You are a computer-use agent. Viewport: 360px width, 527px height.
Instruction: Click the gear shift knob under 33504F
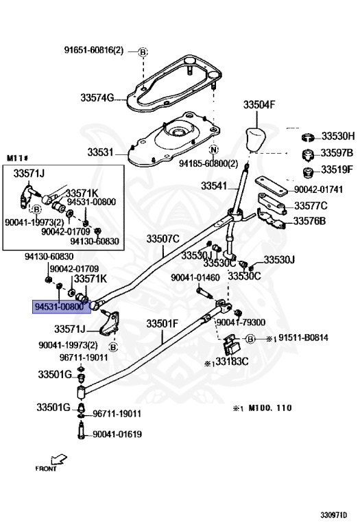point(256,139)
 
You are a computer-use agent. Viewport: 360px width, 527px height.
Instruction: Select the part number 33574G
point(97,98)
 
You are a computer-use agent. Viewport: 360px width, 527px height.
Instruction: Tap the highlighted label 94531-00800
point(62,307)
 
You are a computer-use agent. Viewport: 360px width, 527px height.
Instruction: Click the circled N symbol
point(213,150)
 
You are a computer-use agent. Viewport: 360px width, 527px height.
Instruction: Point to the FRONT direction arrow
point(59,460)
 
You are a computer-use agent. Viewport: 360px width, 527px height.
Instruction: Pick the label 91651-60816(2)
point(94,50)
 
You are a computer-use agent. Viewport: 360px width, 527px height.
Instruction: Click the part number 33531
point(100,152)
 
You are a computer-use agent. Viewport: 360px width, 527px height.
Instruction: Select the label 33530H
point(338,136)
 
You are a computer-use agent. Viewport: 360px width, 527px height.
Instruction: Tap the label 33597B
point(337,153)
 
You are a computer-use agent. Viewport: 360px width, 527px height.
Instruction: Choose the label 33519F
point(337,169)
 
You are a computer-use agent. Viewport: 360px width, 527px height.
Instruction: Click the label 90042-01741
point(318,189)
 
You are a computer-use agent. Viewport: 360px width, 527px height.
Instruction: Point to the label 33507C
point(163,239)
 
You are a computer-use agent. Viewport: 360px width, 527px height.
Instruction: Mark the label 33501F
point(163,324)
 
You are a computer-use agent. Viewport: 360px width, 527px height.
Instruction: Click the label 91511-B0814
point(303,338)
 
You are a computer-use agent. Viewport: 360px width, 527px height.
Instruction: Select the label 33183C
point(232,362)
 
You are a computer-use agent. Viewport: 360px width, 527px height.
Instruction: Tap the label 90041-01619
point(117,434)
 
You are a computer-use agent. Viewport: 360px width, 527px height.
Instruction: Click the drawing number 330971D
point(333,515)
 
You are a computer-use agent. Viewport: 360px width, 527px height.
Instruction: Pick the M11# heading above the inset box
point(17,158)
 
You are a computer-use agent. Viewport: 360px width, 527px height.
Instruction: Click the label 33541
point(214,186)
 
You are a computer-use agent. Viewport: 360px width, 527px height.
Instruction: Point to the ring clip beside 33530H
point(308,137)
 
